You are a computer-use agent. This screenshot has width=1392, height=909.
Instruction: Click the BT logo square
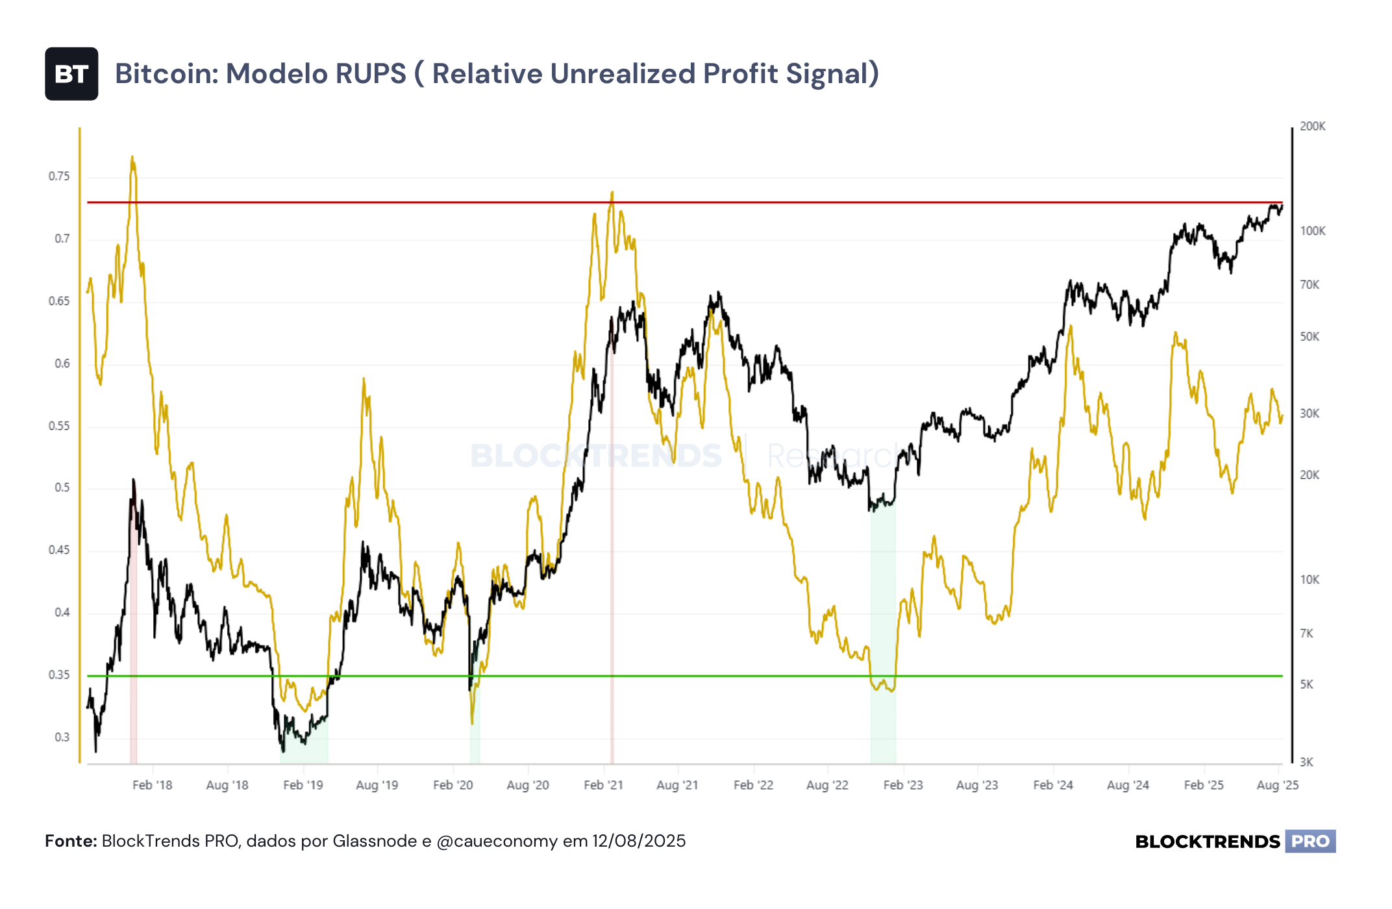71,74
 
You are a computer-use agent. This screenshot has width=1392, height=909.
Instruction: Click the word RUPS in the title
371,74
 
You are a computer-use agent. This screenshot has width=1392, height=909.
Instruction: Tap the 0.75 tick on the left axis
59,177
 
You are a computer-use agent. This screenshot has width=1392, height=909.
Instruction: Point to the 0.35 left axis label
59,675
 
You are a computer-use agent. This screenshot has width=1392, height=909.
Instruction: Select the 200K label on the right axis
1312,127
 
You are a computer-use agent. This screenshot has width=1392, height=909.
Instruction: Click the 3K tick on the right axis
1306,762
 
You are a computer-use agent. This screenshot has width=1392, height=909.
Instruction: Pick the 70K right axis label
1310,285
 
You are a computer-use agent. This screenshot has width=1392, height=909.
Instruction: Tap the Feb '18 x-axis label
153,785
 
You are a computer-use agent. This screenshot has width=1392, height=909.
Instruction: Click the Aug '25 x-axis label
1278,785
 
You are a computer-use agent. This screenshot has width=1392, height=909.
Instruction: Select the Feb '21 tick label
603,785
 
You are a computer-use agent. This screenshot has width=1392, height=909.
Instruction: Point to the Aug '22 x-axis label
827,785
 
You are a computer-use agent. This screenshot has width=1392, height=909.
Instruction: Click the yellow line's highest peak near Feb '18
132,156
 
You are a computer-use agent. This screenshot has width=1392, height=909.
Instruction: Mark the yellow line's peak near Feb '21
612,192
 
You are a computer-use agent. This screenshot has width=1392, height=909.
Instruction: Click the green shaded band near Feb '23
883,633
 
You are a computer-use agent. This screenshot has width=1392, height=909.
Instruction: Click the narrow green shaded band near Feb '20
475,711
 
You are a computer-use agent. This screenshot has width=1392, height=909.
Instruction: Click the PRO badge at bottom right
1310,841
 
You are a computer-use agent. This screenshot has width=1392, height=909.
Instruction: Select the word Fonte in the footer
70,841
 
